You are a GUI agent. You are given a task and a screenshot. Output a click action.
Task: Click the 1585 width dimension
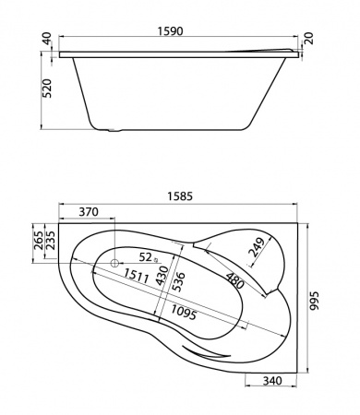(x=180, y=195)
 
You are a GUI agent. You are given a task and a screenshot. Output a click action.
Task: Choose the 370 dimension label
(x=89, y=212)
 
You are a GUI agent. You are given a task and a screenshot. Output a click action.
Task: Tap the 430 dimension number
(x=162, y=273)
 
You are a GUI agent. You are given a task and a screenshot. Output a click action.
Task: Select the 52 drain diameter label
(x=145, y=255)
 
